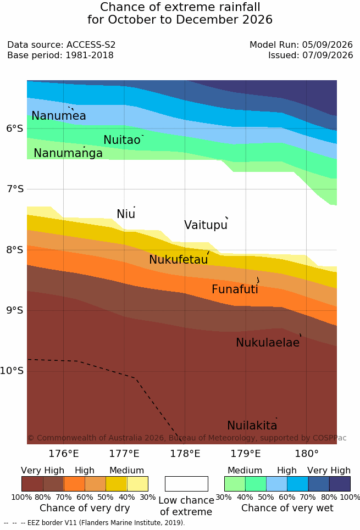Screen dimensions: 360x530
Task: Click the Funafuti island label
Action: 235,289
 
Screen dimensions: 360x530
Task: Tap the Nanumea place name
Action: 59,115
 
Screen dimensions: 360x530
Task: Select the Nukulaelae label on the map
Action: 268,342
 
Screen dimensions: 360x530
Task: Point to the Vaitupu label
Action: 206,225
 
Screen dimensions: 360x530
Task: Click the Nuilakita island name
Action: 252,425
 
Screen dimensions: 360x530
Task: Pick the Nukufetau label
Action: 178,260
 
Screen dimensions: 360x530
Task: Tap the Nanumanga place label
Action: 68,153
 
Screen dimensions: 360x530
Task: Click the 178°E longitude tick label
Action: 185,454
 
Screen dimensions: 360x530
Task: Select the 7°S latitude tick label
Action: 15,189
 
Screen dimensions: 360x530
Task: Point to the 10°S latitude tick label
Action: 12,371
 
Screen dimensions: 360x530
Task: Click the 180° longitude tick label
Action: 307,454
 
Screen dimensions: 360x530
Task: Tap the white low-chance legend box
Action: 186,484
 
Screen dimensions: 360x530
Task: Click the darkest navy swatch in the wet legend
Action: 340,484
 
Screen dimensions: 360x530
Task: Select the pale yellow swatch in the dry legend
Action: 137,484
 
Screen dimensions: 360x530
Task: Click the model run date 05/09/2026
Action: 328,44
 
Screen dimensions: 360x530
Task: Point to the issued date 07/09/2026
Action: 328,55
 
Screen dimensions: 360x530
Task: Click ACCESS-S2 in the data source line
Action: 91,44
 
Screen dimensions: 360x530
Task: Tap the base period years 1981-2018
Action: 90,55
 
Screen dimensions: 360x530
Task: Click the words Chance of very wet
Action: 287,508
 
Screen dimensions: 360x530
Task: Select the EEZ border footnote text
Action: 95,522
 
